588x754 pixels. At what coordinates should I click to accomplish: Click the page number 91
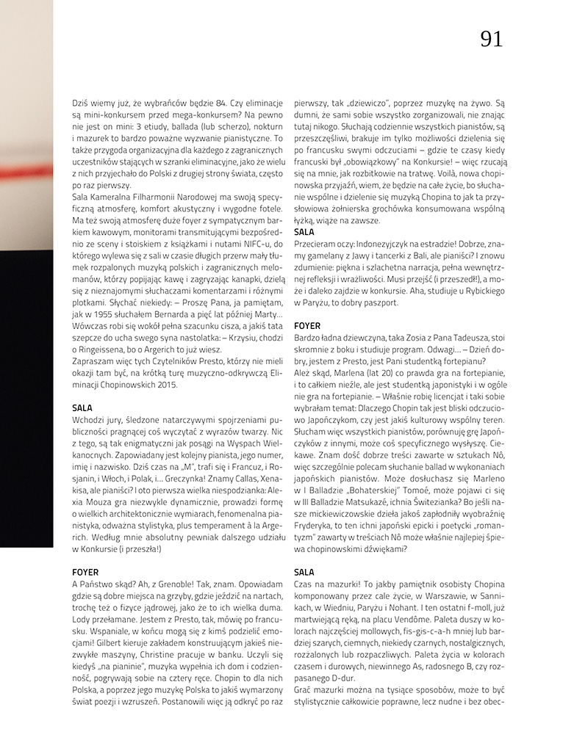(x=492, y=39)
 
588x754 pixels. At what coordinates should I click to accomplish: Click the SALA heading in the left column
(x=82, y=407)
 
